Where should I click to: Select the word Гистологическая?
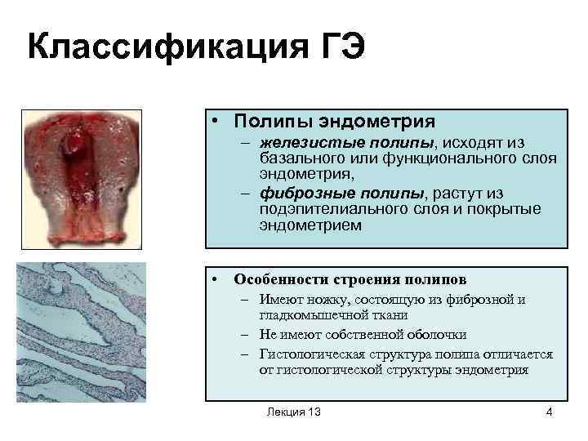click(312, 354)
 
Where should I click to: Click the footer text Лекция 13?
click(294, 412)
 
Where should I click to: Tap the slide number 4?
click(549, 412)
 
